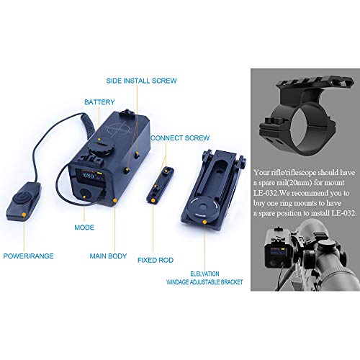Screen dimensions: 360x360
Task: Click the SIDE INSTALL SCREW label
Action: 141,81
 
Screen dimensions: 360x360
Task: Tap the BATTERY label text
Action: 99,102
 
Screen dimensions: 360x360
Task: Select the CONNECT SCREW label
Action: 180,138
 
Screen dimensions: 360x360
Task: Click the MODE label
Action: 84,228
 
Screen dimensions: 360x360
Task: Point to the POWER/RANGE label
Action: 28,256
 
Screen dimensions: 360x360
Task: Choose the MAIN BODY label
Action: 108,256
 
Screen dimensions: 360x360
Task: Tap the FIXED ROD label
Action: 156,260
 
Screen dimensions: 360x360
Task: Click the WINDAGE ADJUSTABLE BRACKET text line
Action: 204,282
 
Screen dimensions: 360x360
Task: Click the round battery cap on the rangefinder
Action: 101,147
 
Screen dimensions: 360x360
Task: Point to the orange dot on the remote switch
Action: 24,215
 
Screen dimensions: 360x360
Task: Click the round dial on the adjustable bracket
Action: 202,207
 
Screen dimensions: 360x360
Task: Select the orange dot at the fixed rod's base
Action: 153,200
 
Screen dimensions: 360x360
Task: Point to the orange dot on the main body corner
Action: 115,200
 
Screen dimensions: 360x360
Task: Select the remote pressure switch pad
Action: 24,201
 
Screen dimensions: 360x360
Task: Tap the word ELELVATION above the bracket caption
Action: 204,274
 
